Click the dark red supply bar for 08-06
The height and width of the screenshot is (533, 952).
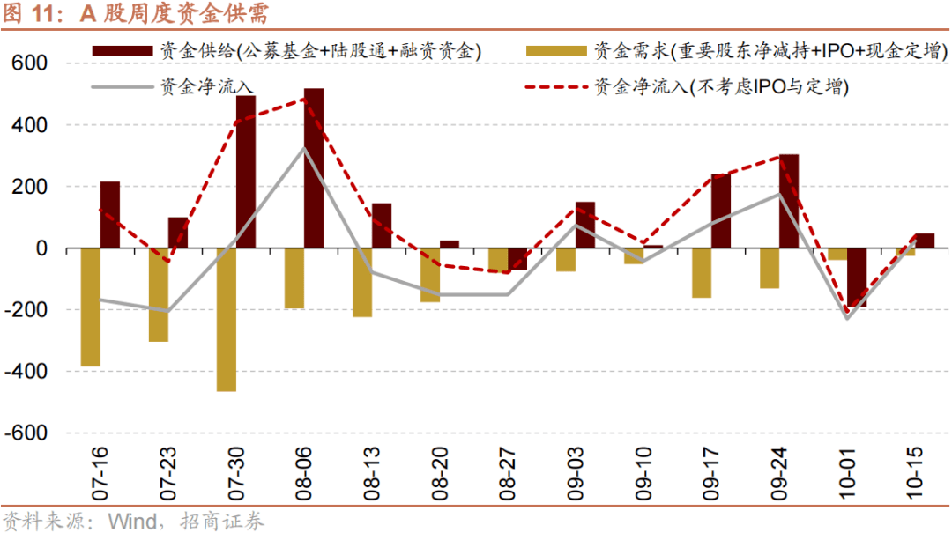(313, 168)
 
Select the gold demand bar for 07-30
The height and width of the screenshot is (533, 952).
(226, 320)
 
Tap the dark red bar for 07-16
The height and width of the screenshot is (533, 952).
(109, 215)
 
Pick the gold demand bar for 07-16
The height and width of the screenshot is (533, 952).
(90, 307)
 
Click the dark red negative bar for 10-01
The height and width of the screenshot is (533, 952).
(856, 278)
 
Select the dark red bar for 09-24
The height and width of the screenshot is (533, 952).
(789, 202)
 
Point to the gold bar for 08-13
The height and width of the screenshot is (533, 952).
(361, 283)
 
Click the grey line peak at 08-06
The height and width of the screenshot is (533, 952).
(303, 148)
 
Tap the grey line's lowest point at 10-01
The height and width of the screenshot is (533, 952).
(846, 318)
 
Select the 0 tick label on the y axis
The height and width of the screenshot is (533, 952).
(41, 249)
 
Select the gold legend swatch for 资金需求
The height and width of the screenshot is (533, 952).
(556, 51)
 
